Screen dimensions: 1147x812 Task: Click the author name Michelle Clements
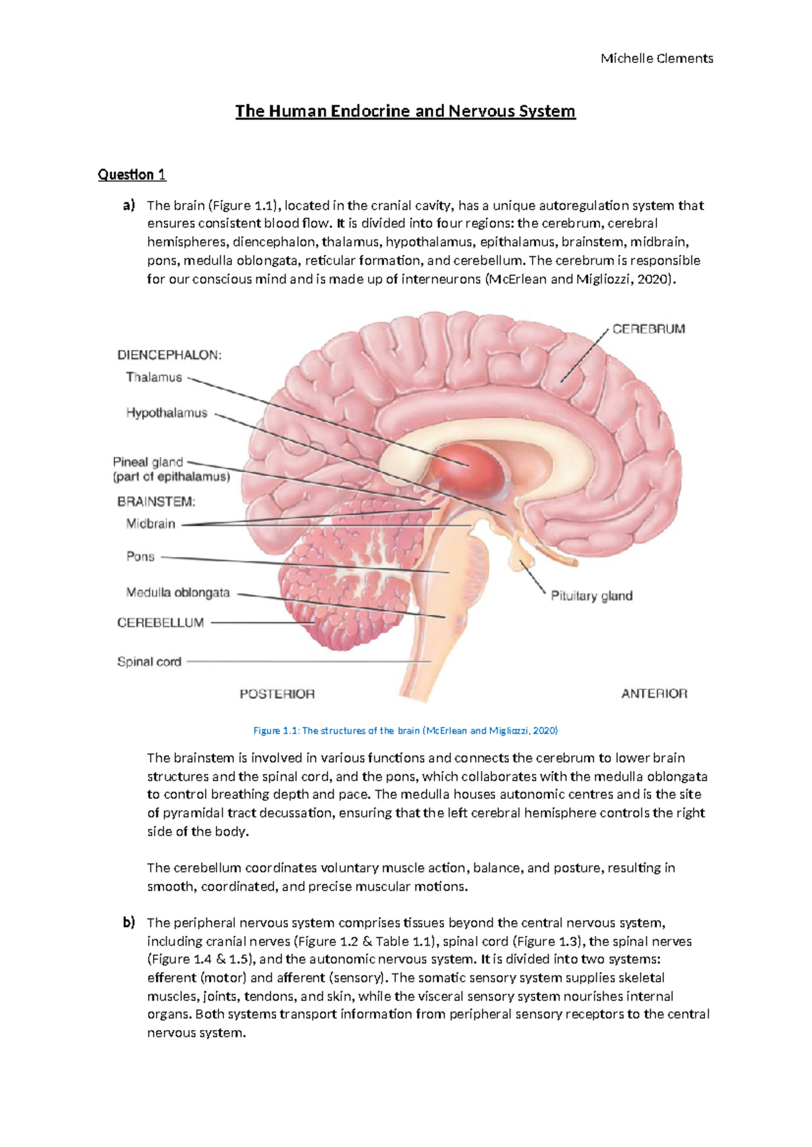(656, 59)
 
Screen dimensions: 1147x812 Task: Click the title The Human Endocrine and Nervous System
(405, 111)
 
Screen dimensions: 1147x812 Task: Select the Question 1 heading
(132, 174)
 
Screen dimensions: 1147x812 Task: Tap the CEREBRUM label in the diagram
(648, 329)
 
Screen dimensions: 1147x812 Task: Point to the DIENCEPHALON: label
(169, 355)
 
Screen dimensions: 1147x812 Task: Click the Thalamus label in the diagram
(154, 377)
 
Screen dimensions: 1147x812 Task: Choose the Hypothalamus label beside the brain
(166, 413)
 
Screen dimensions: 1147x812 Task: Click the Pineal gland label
(148, 463)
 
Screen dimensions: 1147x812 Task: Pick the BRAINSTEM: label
(156, 502)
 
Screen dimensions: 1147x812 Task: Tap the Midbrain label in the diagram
(150, 523)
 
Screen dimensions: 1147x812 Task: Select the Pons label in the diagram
(140, 557)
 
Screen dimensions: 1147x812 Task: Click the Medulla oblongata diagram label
(178, 592)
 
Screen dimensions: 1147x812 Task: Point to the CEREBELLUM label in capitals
(160, 623)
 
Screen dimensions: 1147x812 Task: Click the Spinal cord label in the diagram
(149, 662)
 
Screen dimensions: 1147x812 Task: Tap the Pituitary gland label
(591, 596)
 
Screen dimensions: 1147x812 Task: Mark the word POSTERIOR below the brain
(277, 694)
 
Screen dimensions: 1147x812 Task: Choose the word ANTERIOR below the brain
(654, 694)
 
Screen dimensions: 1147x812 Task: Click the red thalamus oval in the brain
(468, 467)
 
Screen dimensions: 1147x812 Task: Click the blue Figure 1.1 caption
(405, 730)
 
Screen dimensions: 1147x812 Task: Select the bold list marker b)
(129, 922)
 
